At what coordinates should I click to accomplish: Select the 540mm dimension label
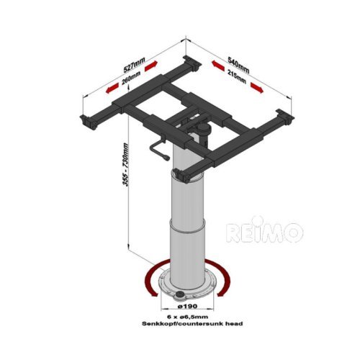(237, 68)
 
